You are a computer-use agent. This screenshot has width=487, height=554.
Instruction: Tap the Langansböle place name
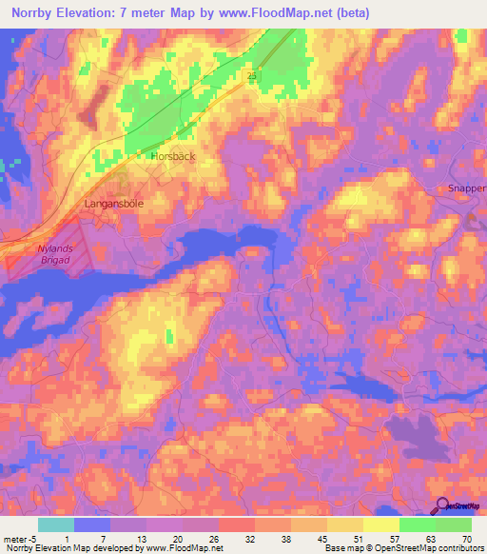(115, 204)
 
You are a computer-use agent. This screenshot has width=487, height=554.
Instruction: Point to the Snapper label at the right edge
(467, 188)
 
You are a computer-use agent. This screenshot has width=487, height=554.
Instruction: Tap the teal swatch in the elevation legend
(55, 524)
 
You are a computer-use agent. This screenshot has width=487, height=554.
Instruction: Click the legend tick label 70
(465, 538)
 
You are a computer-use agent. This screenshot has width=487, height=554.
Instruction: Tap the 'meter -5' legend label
(19, 538)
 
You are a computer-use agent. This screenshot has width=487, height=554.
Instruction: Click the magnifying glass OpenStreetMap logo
(443, 508)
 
